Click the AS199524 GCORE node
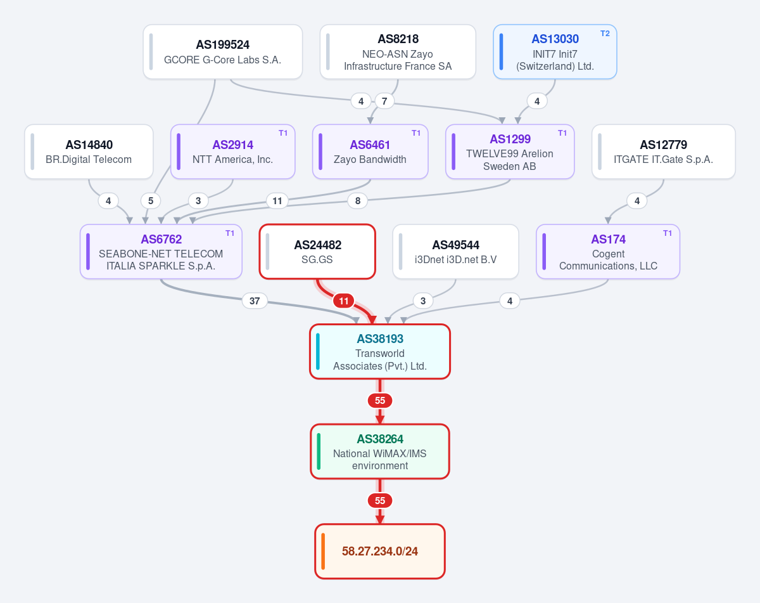click(223, 51)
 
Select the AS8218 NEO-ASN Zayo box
click(398, 51)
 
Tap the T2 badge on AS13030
click(605, 34)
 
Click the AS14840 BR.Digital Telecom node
click(89, 152)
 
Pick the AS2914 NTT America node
click(232, 152)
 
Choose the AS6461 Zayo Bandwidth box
click(370, 152)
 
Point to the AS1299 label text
click(510, 139)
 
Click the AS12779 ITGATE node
click(664, 152)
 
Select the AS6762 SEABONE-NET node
click(161, 252)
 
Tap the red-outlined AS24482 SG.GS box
click(317, 252)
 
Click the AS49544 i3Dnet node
click(455, 252)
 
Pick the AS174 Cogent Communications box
click(608, 252)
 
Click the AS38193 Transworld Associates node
click(380, 351)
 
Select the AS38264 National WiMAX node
click(380, 451)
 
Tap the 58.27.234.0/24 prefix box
click(380, 552)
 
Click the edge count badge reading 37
click(255, 301)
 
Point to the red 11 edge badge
click(344, 301)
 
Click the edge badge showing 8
click(358, 201)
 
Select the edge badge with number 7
click(384, 101)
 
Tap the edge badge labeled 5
click(151, 201)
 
